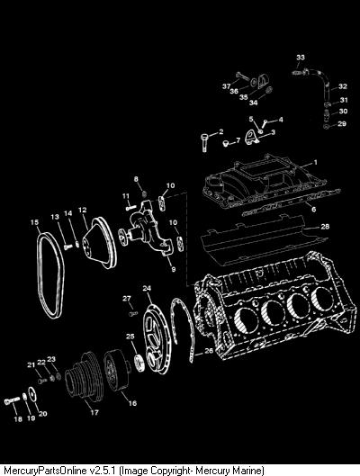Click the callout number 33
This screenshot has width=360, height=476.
click(301, 57)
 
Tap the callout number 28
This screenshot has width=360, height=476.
click(325, 227)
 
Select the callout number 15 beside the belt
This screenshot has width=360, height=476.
click(34, 222)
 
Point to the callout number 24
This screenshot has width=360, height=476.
click(147, 288)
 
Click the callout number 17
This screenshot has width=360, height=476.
click(94, 412)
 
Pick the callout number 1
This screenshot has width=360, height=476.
click(315, 162)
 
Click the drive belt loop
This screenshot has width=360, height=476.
click(50, 275)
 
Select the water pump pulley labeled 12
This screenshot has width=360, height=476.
click(100, 243)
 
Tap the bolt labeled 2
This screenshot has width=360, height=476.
click(204, 142)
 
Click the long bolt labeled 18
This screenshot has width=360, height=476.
click(12, 400)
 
